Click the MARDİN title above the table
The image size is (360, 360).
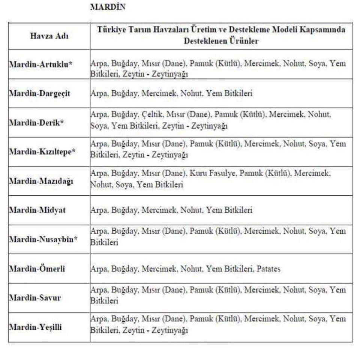tap(108, 7)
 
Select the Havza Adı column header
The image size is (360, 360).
tap(49, 36)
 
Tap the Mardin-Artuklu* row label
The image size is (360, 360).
tap(40, 64)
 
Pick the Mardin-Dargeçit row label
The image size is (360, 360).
tap(39, 94)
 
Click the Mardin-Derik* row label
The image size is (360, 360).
tap(36, 123)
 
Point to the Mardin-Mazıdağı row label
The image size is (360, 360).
tap(41, 181)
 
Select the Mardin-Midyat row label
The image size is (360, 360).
tap(37, 210)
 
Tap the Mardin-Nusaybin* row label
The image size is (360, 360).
tap(43, 239)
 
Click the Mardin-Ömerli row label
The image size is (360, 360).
tap(37, 268)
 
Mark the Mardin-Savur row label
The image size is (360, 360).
tap(35, 298)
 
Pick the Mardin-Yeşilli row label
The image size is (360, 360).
tap(36, 327)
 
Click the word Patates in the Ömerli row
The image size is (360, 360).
tap(268, 269)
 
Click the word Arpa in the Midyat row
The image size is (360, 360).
tap(98, 210)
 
